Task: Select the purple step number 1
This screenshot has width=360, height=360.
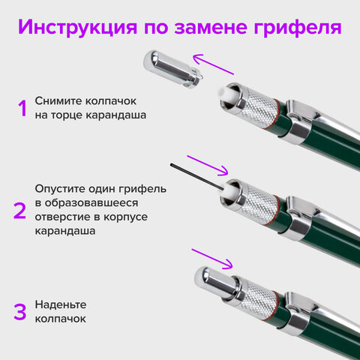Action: (22, 109)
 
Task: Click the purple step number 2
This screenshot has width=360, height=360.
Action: (21, 209)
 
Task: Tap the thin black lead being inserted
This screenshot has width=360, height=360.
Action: (196, 177)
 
